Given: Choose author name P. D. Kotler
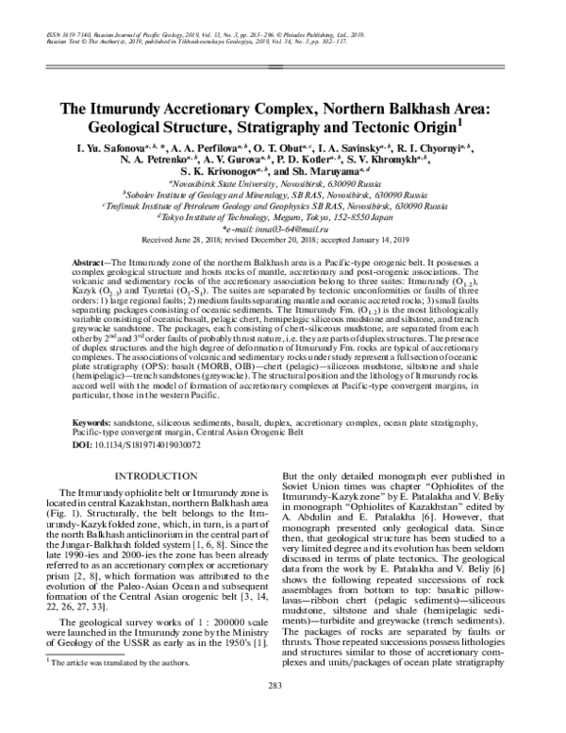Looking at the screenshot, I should tap(347, 161).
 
